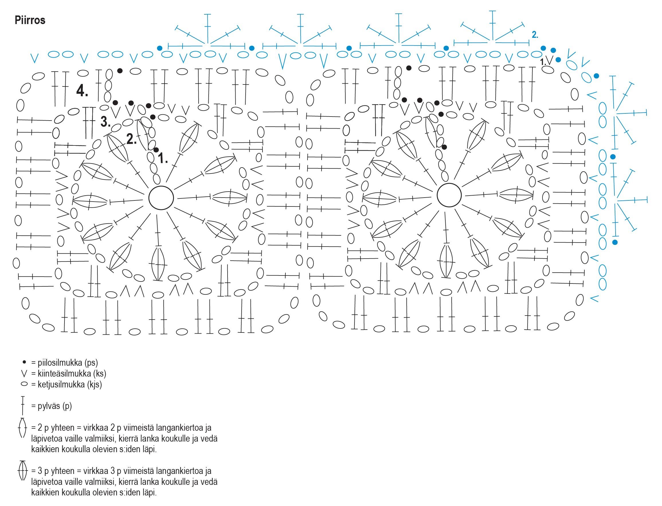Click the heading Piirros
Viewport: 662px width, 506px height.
pos(30,20)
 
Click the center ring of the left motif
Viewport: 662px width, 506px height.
pos(161,198)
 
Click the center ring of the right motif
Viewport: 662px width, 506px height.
pos(449,195)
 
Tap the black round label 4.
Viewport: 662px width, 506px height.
pos(82,90)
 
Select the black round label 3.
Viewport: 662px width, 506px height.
pos(105,122)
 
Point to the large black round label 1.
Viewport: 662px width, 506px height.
pos(163,158)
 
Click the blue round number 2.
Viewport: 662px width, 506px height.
pos(535,35)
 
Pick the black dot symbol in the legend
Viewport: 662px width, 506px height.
pos(24,362)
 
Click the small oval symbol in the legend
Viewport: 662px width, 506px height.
pos(24,384)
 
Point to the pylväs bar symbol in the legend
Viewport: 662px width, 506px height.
pos(23,405)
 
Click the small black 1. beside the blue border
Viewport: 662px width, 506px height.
pos(543,62)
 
